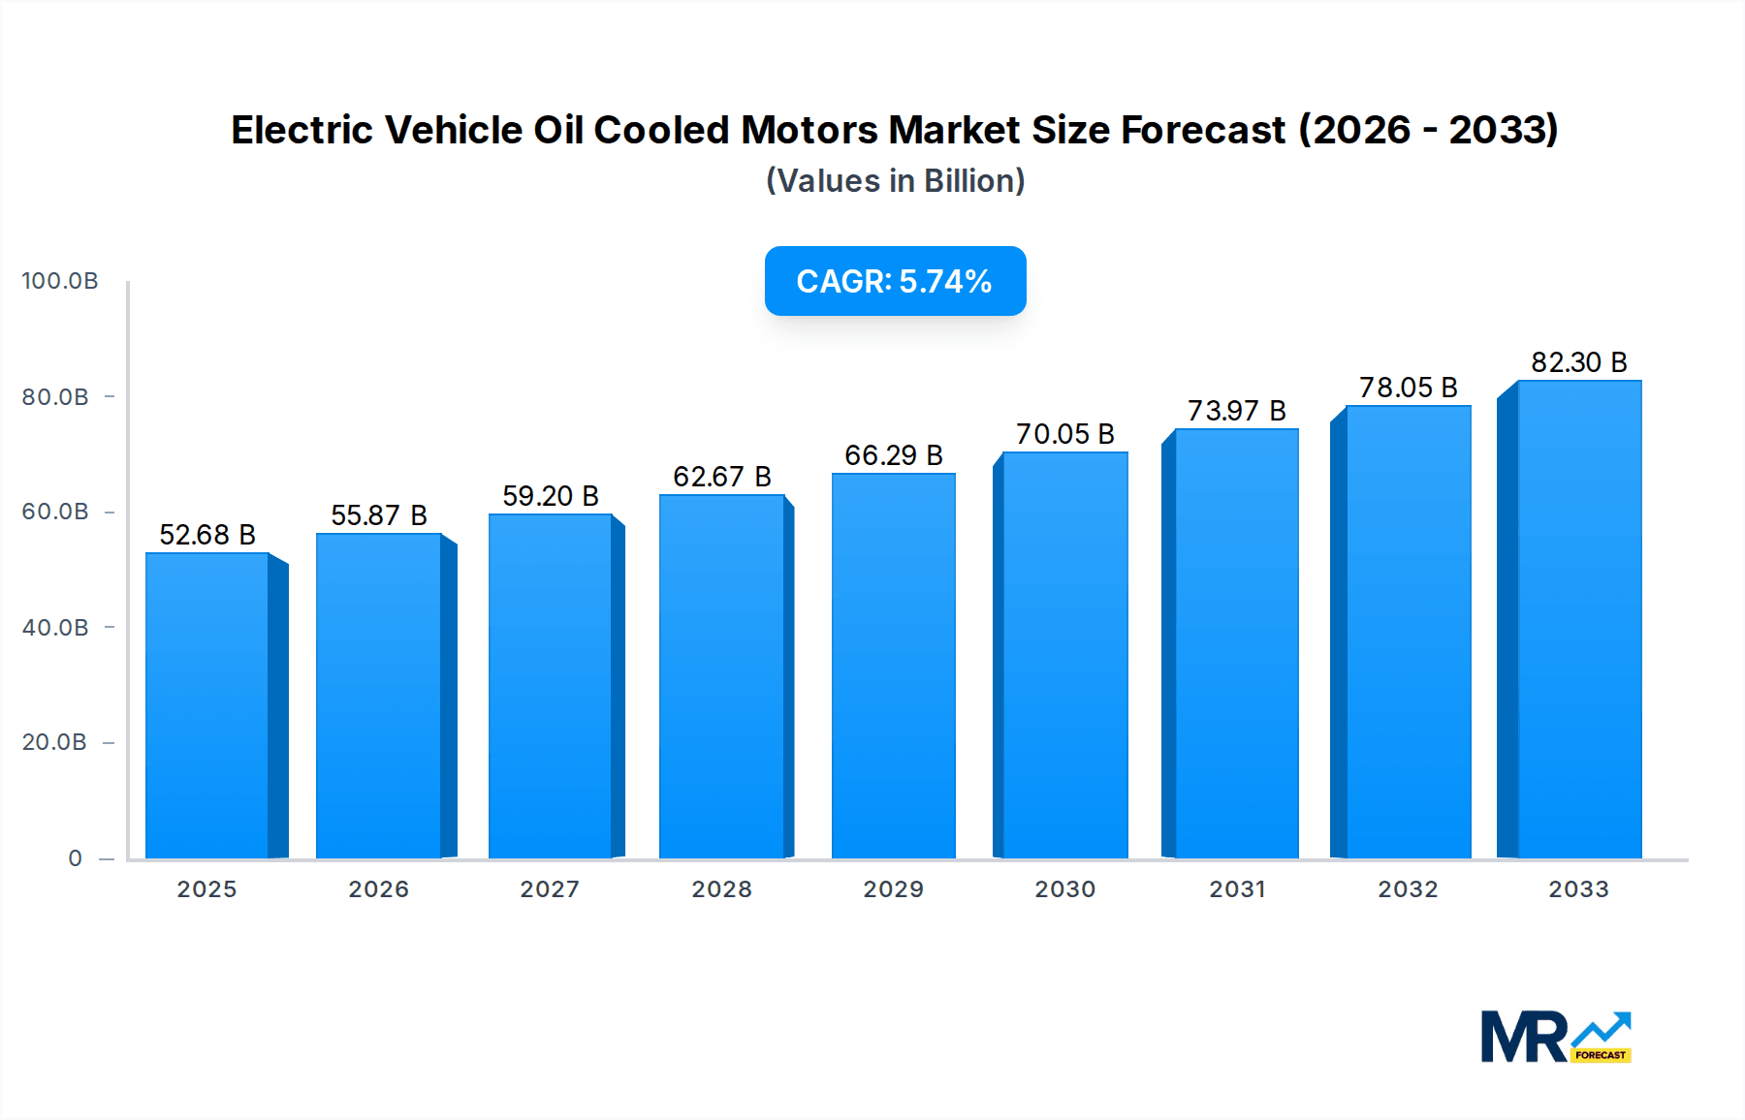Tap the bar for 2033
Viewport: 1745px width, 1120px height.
pos(1578,619)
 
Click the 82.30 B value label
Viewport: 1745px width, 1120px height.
pos(1578,362)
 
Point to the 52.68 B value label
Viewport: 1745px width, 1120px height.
pos(207,535)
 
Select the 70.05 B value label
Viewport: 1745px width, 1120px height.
pos(1064,434)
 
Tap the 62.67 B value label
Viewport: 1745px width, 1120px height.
pos(721,477)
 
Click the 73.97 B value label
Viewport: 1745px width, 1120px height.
pos(1236,411)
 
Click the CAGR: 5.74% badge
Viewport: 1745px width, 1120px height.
pos(895,281)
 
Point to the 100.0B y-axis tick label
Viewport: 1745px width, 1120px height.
pos(60,281)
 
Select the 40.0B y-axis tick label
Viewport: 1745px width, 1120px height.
pos(56,628)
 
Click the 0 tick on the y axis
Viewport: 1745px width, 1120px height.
pos(76,858)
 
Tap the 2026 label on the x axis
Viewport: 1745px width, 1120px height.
pos(378,889)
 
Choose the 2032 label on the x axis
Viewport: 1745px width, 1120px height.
pos(1408,889)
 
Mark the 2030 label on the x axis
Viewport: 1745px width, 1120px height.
pos(1064,889)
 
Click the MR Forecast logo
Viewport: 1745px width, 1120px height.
pos(1555,1037)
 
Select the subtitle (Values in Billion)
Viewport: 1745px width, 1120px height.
pos(895,181)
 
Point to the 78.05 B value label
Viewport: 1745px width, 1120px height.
pos(1408,388)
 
